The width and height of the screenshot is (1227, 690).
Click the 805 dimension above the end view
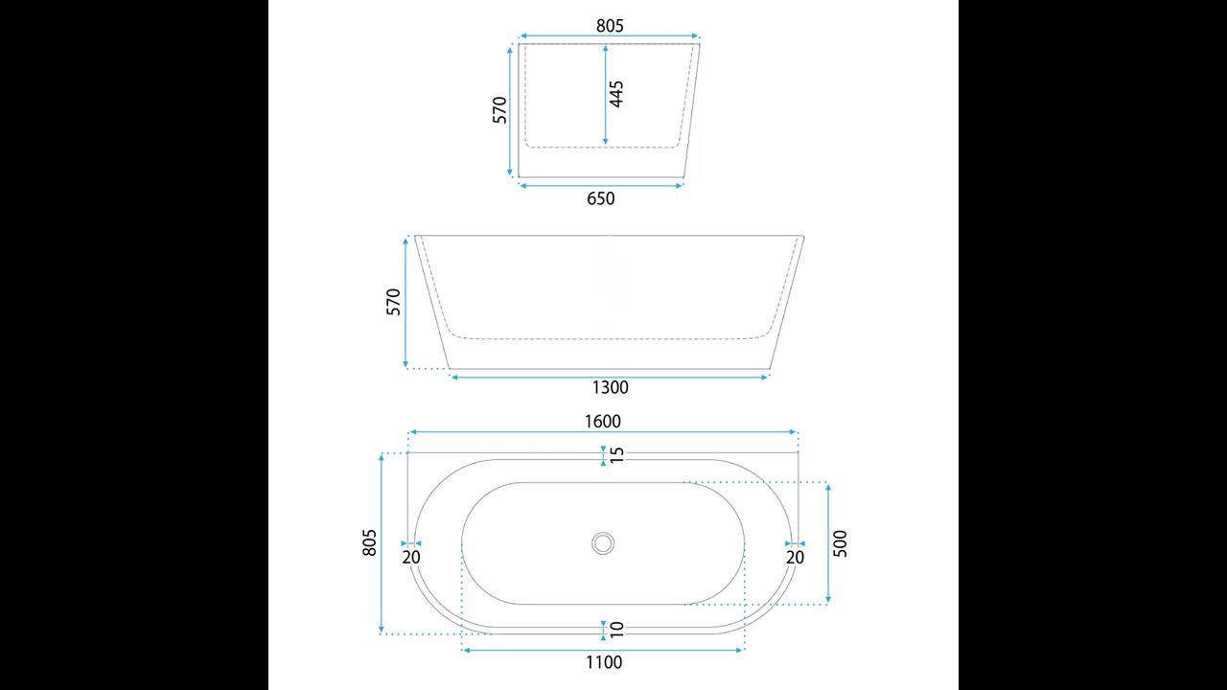pos(610,26)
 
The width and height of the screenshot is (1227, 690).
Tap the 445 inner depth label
pos(616,94)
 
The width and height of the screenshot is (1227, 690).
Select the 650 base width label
pos(601,198)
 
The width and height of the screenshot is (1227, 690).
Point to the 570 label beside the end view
pos(499,110)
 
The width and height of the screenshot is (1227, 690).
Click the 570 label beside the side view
pos(393,302)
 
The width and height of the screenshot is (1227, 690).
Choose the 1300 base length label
pos(611,388)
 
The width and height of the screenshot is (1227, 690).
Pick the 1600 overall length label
pos(603,422)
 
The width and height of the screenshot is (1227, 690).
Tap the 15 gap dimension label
pos(616,454)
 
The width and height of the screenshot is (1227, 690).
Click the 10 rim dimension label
pos(616,630)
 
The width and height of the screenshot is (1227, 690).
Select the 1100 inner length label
pos(604,662)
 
